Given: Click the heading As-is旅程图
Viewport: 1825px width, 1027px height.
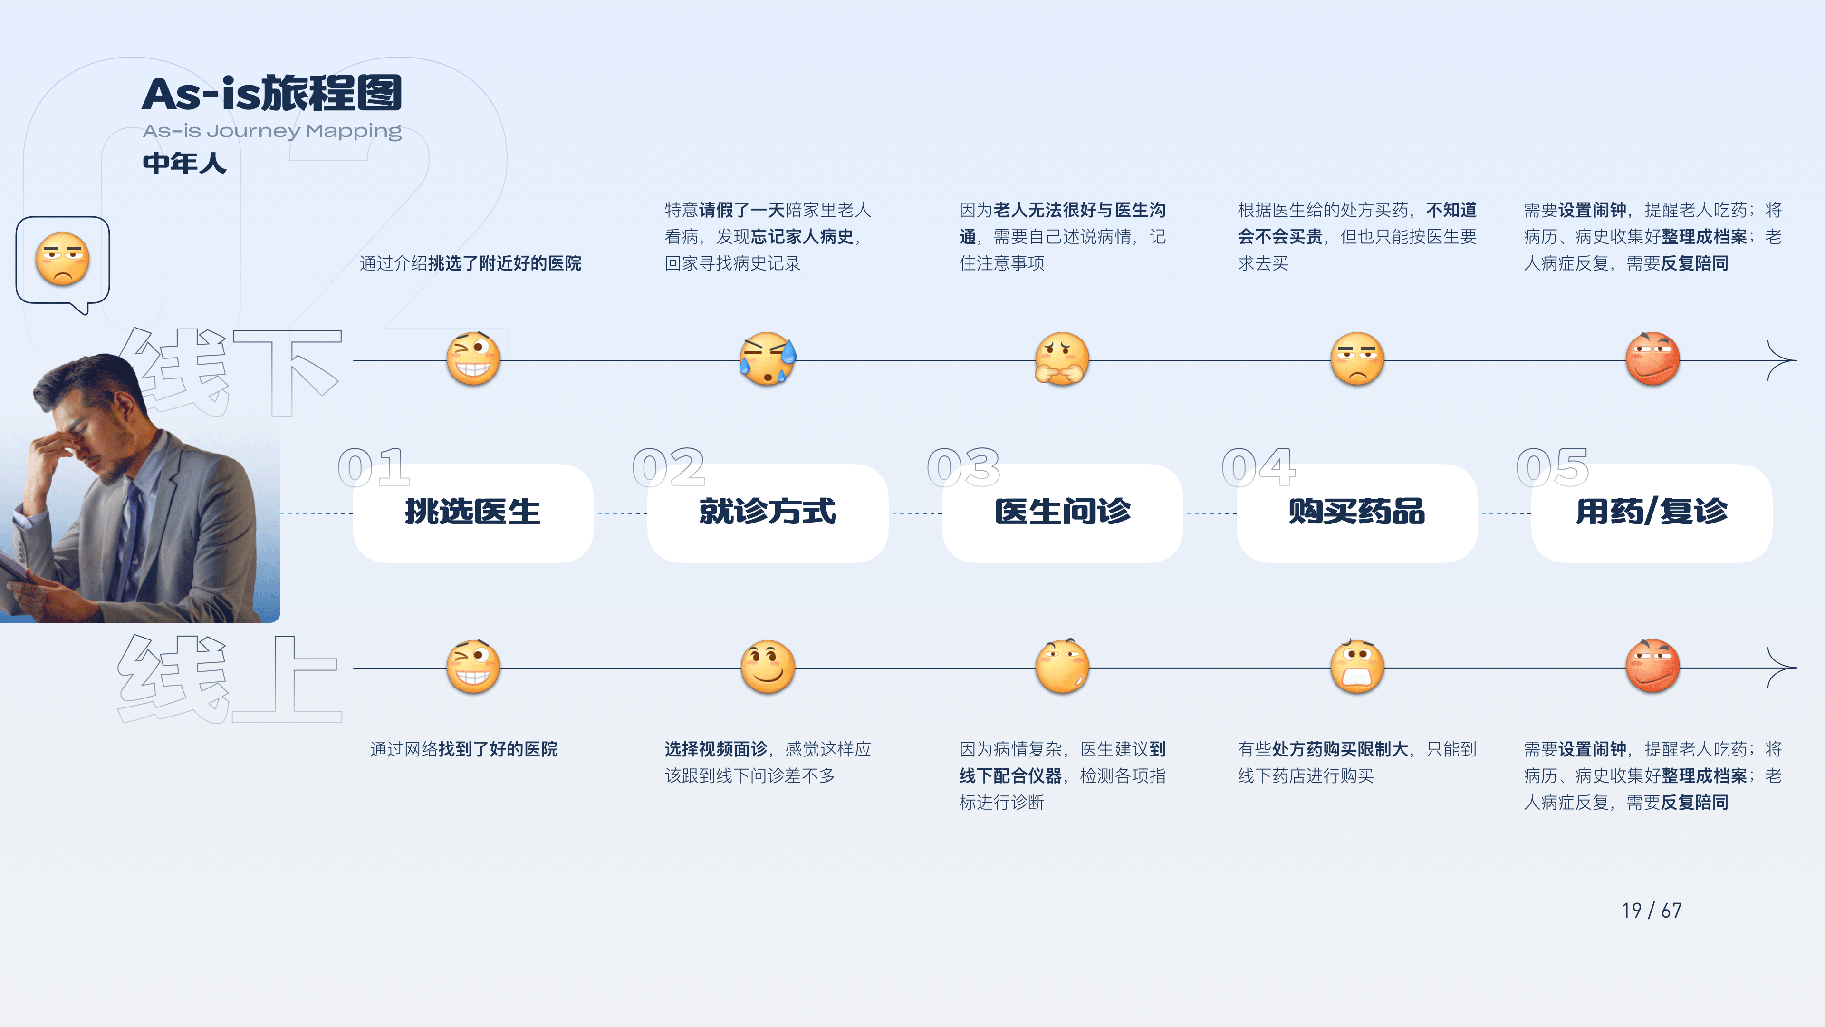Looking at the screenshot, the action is [272, 94].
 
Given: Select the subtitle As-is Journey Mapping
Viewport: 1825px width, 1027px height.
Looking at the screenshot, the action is [272, 131].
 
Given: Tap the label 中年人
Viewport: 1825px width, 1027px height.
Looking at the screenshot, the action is [184, 163].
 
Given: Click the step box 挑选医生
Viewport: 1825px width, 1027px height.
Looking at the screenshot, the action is [472, 513].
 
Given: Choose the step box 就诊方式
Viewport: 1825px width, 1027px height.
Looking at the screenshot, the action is [767, 513].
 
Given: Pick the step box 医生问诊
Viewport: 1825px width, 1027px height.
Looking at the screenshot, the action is [1062, 513].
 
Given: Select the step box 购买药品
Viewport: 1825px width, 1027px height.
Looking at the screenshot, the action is [1357, 513].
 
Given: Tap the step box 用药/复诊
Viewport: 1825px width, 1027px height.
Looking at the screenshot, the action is [1652, 513].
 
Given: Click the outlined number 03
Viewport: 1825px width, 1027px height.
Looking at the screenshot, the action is [963, 468].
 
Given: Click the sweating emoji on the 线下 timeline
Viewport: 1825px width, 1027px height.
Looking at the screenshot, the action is [767, 358].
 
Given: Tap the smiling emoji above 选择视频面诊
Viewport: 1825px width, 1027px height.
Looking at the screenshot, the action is [767, 666].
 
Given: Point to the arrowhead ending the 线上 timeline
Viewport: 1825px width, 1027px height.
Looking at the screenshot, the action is [1784, 668].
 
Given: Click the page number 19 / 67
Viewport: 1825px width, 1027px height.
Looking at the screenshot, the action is [1652, 910].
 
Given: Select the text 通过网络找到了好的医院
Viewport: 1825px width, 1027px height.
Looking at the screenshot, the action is [463, 749].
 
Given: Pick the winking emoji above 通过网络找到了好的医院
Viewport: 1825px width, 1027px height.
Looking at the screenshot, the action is [472, 666].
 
